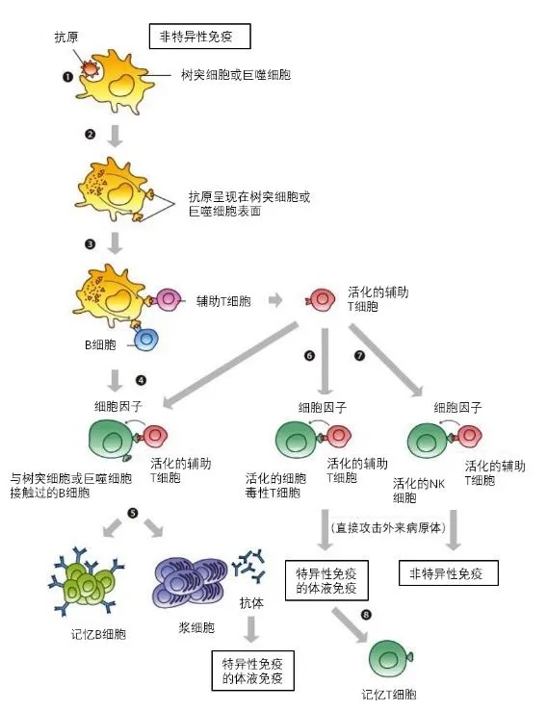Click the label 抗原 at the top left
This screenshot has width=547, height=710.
pyautogui.click(x=66, y=38)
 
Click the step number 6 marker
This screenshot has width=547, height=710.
pyautogui.click(x=309, y=356)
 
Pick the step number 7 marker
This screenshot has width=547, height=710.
pyautogui.click(x=360, y=356)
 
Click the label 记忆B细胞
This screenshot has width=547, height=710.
pyautogui.click(x=95, y=634)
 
